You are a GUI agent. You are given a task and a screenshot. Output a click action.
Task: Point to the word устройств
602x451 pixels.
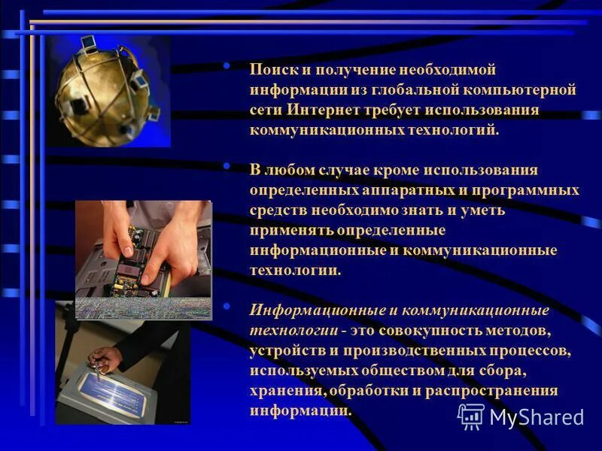point(284,351)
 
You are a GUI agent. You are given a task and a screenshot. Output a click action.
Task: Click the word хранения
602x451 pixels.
point(287,391)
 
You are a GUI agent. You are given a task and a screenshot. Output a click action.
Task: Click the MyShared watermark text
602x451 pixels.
point(537,417)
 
